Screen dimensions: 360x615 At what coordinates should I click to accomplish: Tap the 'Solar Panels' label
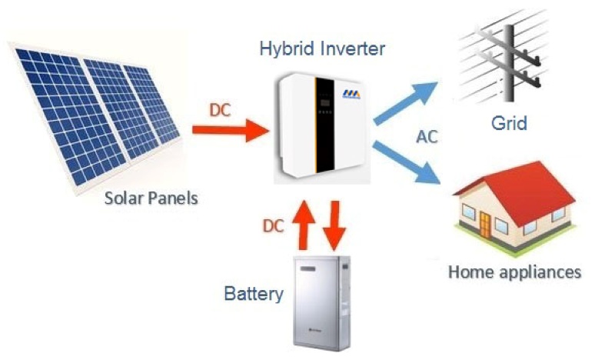click(x=152, y=198)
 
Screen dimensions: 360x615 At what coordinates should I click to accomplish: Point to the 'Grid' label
click(x=509, y=123)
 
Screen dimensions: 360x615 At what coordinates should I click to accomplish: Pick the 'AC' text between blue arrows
click(x=428, y=137)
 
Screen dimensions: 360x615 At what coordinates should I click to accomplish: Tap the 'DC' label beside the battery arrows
click(x=274, y=226)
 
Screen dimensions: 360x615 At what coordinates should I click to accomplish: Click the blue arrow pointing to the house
click(x=406, y=162)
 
